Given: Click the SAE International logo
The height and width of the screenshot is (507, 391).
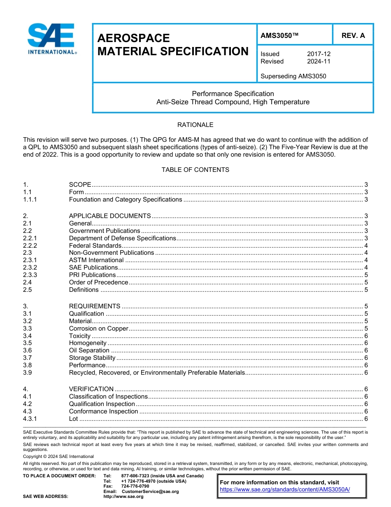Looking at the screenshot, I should click(x=51, y=39).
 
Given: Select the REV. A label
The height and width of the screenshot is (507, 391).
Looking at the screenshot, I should click(x=353, y=35).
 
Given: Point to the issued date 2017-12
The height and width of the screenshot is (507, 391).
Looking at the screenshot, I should click(x=319, y=54).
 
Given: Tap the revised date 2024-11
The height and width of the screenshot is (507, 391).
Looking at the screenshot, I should click(x=319, y=61).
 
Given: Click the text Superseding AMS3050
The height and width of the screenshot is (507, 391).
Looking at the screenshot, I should click(x=293, y=76).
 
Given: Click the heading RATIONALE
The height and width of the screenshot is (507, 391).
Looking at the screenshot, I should click(x=195, y=124).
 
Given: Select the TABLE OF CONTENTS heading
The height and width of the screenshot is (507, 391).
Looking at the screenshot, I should click(x=195, y=169).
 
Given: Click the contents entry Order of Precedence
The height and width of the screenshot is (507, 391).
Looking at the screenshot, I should click(x=98, y=282).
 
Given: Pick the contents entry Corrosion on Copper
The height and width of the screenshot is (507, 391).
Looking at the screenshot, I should click(x=98, y=329).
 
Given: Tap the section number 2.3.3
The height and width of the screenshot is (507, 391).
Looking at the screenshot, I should click(x=30, y=275).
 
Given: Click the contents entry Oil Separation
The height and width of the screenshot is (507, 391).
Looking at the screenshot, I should click(x=89, y=350).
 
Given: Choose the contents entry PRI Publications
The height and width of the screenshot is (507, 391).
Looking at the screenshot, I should click(x=92, y=275).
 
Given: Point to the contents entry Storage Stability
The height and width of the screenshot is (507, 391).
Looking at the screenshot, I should click(x=92, y=358).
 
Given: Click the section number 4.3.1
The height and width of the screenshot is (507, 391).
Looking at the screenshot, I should click(x=30, y=419).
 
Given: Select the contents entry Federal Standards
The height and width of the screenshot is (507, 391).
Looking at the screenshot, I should click(x=95, y=246).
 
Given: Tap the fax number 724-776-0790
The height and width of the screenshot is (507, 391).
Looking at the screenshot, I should click(x=135, y=486).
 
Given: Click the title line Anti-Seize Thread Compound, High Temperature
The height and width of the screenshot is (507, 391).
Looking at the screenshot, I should click(x=233, y=102).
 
